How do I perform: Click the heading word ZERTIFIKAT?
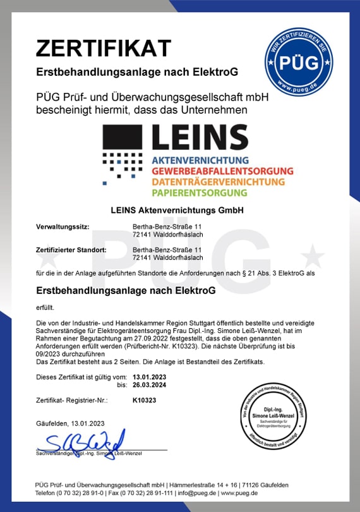click(104, 47)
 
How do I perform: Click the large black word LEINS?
click(200, 138)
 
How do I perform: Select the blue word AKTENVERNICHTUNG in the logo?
click(200, 161)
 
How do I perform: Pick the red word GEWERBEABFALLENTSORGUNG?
click(222, 171)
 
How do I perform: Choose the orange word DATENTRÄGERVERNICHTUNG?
click(218, 182)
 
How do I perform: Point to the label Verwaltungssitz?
click(63, 226)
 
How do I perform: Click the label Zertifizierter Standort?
click(71, 250)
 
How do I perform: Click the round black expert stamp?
click(284, 418)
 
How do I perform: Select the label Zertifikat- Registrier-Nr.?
click(72, 400)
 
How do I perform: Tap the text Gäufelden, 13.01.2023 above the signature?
click(69, 423)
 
